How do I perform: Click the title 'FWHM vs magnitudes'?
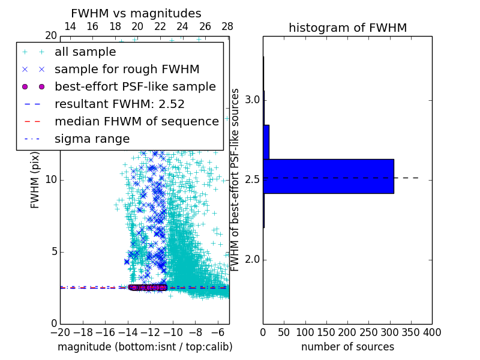pos(136,13)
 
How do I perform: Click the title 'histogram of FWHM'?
pos(347,28)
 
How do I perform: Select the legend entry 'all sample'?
pos(85,52)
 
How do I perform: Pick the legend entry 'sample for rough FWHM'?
pos(127,69)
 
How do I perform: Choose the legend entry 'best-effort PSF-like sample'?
pos(135,86)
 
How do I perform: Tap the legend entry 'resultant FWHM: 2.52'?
pos(119,104)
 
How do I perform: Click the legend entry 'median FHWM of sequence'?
pos(136,121)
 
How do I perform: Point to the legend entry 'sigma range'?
pos(92,139)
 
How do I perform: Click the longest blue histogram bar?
pos(328,176)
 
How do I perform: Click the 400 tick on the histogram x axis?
pos(432,332)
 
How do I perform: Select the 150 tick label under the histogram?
pos(326,332)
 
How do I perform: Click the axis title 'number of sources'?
pos(347,347)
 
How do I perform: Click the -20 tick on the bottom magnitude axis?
pos(60,332)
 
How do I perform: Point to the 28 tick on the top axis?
pos(227,26)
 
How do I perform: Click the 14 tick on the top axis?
pos(70,26)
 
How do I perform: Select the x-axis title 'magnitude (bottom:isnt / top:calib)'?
pos(145,347)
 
